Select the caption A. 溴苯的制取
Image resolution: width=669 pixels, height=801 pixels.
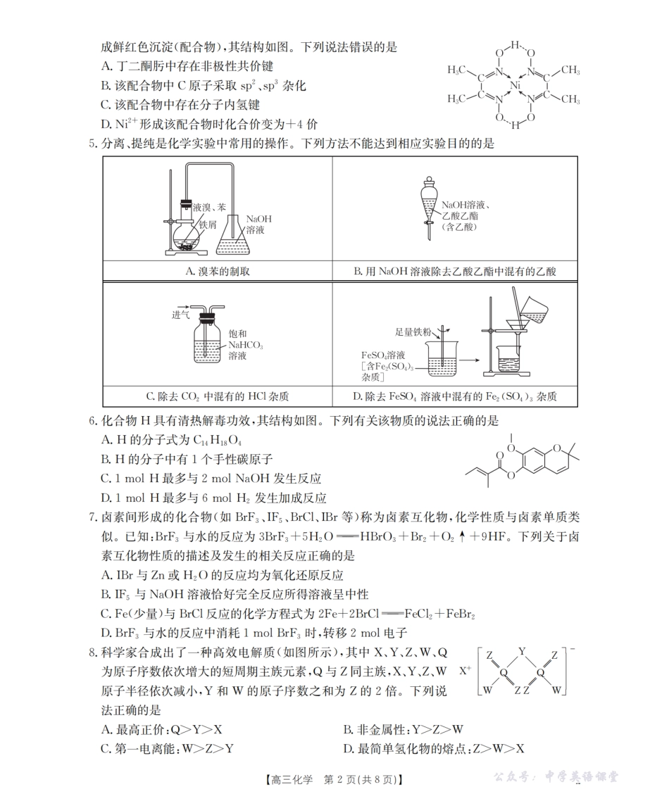point(217,271)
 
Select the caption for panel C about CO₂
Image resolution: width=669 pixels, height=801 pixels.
point(217,396)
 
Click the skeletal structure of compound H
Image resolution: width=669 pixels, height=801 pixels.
point(521,458)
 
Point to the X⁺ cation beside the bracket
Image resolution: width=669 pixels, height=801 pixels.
point(465,671)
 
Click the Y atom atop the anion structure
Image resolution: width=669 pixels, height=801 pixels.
point(522,650)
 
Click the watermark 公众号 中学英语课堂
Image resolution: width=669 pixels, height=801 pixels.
point(556,776)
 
